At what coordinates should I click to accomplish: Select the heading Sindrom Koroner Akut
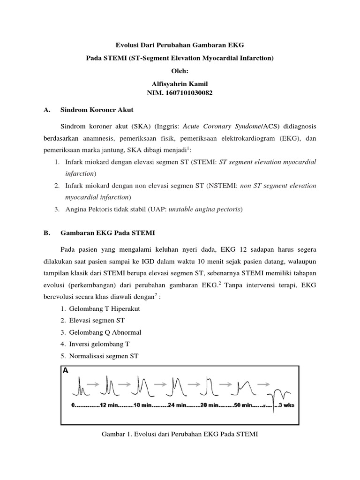(97, 110)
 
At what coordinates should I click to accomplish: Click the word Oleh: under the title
(180, 70)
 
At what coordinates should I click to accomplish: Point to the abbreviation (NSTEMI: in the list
(222, 186)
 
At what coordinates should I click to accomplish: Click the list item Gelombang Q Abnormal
(105, 332)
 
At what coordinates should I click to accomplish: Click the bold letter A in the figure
(66, 370)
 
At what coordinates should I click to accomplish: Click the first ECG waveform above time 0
(81, 387)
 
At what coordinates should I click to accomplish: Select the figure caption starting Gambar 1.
(180, 434)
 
